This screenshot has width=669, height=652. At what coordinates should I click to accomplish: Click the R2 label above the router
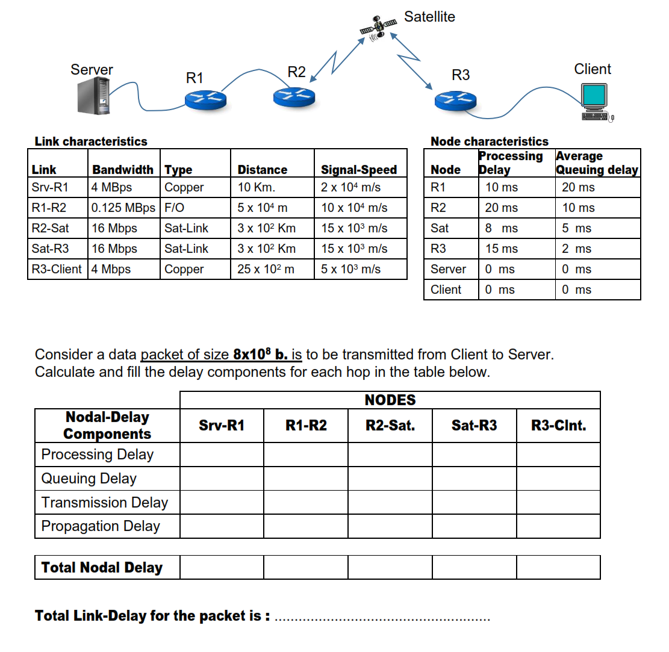[296, 72]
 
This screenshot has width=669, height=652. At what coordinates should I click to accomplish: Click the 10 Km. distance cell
[256, 187]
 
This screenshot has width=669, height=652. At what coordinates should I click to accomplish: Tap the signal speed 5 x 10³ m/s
[350, 269]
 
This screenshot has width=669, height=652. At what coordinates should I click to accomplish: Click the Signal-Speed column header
[359, 170]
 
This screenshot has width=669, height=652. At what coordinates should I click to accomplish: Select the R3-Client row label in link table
[57, 269]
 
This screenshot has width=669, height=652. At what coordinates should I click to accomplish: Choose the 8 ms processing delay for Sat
[501, 228]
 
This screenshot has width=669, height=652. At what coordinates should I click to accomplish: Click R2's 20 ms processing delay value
[501, 208]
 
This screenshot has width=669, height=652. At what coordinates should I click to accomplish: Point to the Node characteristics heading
[490, 141]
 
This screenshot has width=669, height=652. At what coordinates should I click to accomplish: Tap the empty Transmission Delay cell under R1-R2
[306, 502]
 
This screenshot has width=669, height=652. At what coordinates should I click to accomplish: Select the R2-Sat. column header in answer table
[390, 426]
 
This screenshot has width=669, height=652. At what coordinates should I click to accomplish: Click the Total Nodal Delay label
[102, 567]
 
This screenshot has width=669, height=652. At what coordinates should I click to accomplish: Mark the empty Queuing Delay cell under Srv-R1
[222, 479]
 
